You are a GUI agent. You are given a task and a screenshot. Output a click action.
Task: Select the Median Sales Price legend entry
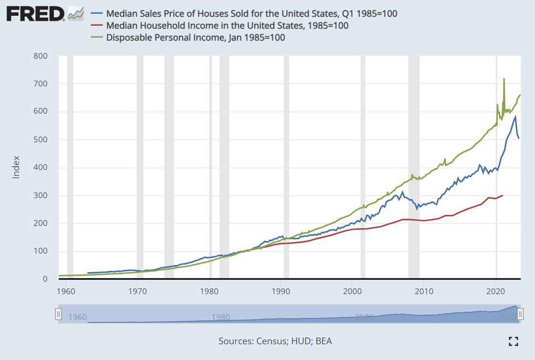(x=251, y=13)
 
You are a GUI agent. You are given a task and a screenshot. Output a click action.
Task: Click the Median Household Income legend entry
(x=227, y=25)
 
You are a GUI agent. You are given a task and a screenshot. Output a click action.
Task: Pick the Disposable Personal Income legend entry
(x=195, y=37)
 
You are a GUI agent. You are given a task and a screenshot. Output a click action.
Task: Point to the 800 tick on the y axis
(x=42, y=56)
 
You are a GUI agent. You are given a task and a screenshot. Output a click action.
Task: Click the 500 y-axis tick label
(x=42, y=139)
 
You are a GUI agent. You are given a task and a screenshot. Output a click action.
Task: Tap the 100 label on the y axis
(x=42, y=251)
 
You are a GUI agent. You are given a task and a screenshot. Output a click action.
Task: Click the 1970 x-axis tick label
(x=138, y=290)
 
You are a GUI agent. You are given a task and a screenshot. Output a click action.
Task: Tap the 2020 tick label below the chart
(x=495, y=290)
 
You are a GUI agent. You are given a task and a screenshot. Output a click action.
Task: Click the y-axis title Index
(x=16, y=167)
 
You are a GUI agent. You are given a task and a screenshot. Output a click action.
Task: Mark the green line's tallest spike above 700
(x=504, y=79)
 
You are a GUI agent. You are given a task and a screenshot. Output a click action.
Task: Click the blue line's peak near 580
(x=515, y=116)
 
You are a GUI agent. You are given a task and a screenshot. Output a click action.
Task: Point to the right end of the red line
(x=503, y=195)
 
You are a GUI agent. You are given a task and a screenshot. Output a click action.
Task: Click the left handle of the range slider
(x=58, y=314)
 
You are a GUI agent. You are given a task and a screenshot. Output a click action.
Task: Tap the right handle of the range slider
(x=521, y=314)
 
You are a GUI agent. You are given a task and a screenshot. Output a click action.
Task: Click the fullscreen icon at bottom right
(x=514, y=341)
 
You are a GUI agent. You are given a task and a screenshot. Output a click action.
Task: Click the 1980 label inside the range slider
(x=220, y=317)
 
